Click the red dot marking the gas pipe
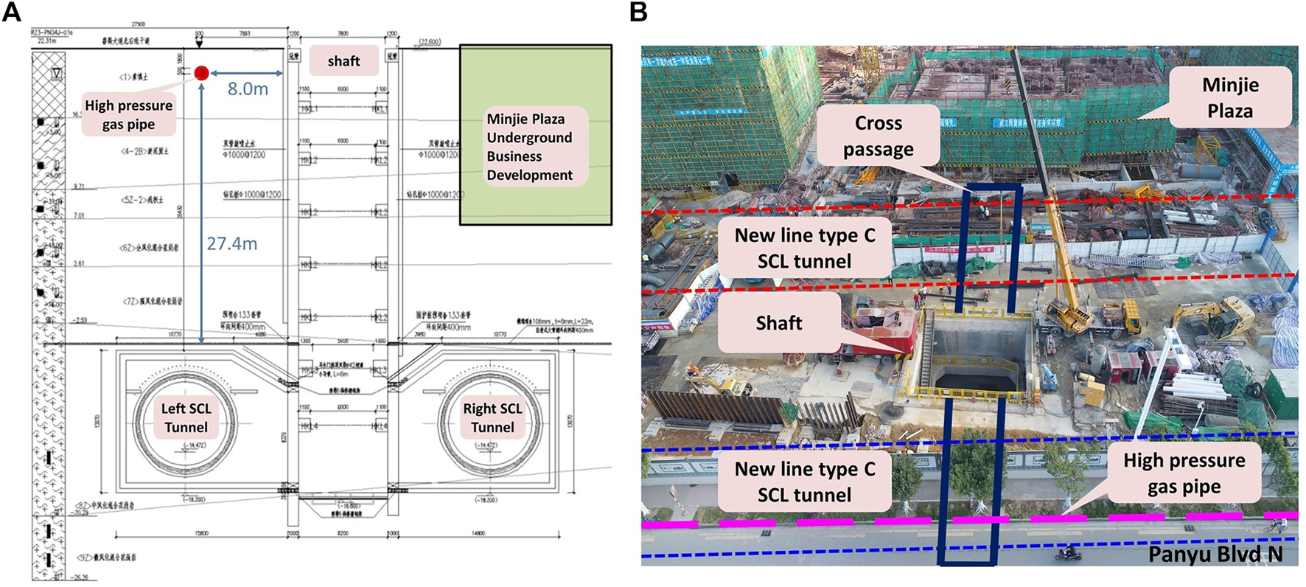point(201,72)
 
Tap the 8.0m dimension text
point(248,89)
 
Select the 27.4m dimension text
point(231,244)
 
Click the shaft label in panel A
point(343,61)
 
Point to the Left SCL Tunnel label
point(186,417)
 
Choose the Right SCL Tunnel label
point(492,417)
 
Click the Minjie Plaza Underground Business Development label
point(529,147)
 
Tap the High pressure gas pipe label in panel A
point(128,114)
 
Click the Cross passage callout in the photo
point(878,136)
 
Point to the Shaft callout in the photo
point(778,323)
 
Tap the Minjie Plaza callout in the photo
point(1229,97)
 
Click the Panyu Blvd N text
point(1215,554)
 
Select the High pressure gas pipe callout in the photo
point(1183,473)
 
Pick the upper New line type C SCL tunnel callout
point(804,248)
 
